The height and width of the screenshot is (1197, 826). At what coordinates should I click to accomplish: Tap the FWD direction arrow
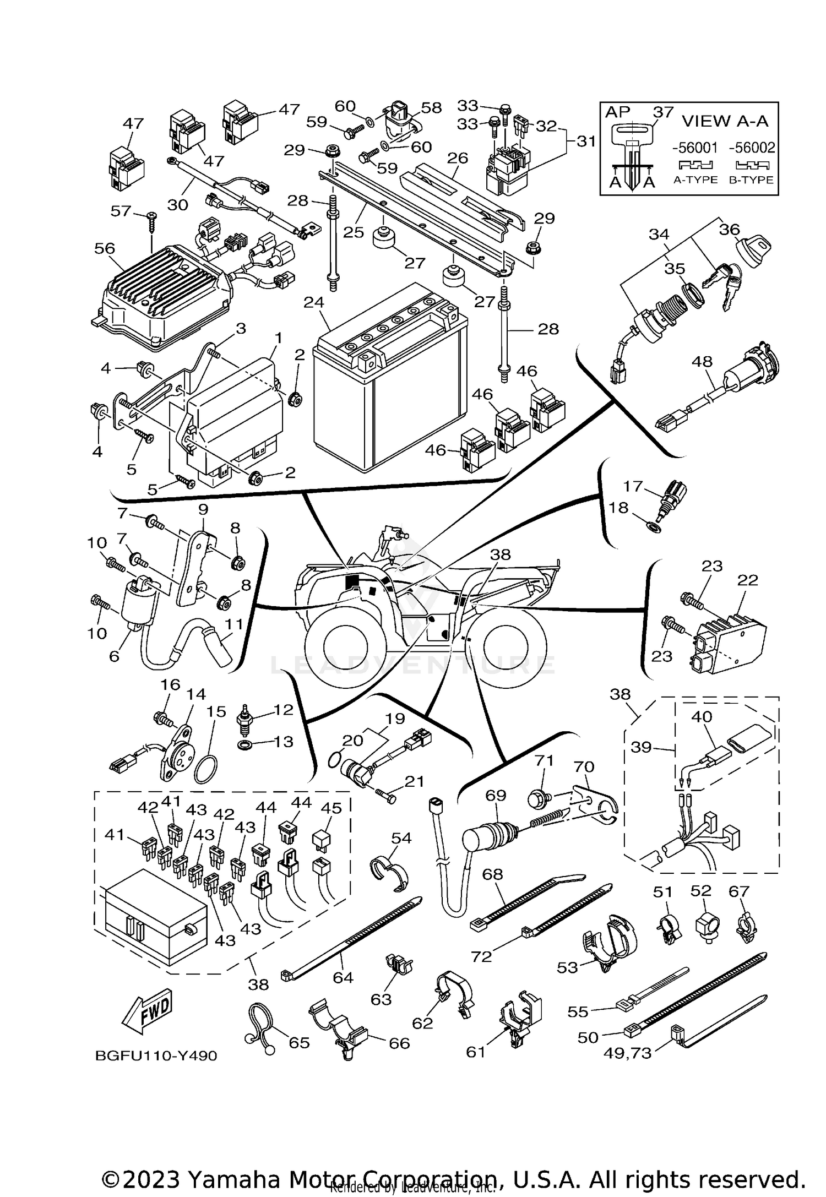coord(148,1013)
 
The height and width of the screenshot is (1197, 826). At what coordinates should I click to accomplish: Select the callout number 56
coord(104,249)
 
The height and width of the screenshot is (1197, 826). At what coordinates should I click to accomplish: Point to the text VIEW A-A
coord(725,121)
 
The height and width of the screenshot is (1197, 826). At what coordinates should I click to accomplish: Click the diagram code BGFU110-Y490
coord(156,1056)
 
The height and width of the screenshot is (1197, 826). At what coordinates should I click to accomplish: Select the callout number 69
coord(496,796)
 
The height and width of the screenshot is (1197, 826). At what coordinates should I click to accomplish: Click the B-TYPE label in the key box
coord(751,179)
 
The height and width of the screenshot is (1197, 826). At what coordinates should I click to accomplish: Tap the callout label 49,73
coord(627,1053)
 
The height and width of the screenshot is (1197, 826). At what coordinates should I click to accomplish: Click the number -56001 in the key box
coord(695,148)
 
